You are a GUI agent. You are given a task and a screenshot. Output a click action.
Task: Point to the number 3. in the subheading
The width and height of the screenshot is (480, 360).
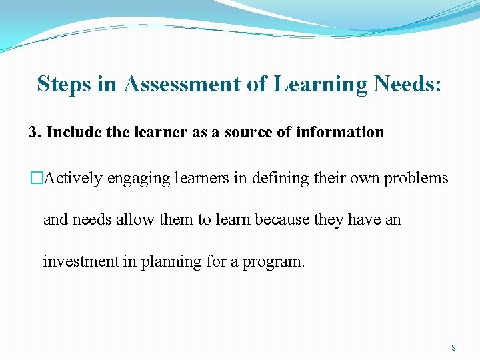click(35, 132)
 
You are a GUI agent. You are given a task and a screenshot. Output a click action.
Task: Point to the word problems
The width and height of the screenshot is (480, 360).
click(416, 178)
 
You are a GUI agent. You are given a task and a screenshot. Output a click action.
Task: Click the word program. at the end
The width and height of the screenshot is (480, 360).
click(273, 262)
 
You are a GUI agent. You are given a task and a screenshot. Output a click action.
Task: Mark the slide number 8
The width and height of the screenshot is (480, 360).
click(453, 347)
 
